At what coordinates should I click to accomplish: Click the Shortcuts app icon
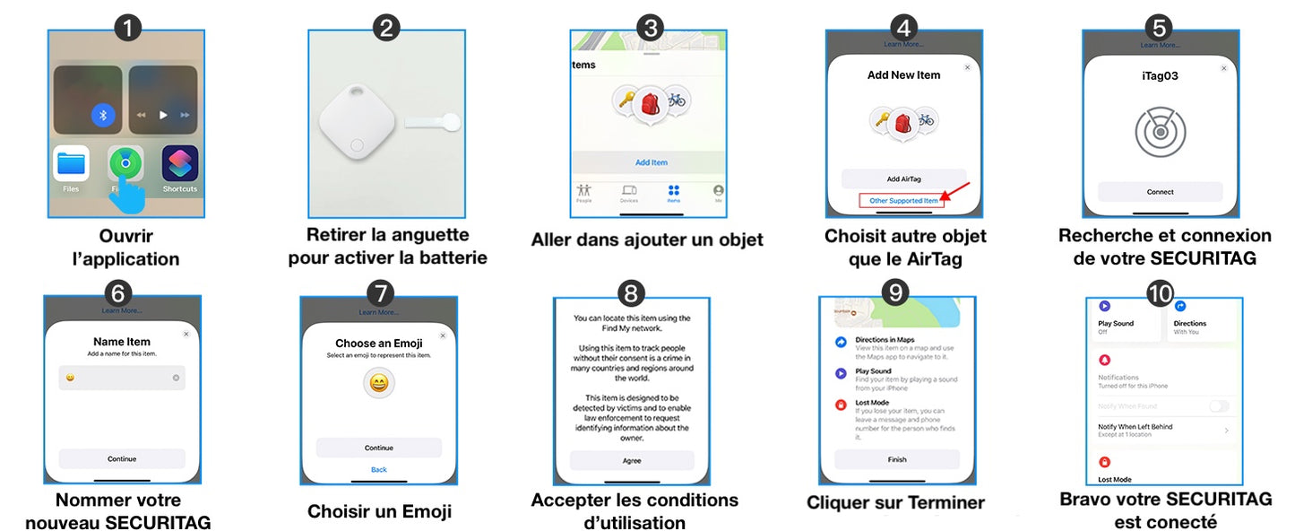180,164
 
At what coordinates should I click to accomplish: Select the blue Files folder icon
71,164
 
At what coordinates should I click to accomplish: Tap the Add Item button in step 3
652,162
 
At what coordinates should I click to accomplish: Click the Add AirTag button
903,178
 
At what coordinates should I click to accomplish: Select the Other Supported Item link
902,201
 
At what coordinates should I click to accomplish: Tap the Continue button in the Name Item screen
122,458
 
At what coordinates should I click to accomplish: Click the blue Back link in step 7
378,469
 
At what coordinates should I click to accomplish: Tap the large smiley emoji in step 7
379,384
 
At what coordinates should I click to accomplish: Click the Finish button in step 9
896,459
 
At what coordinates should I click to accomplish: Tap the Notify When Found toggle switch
1218,406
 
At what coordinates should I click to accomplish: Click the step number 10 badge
1159,292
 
